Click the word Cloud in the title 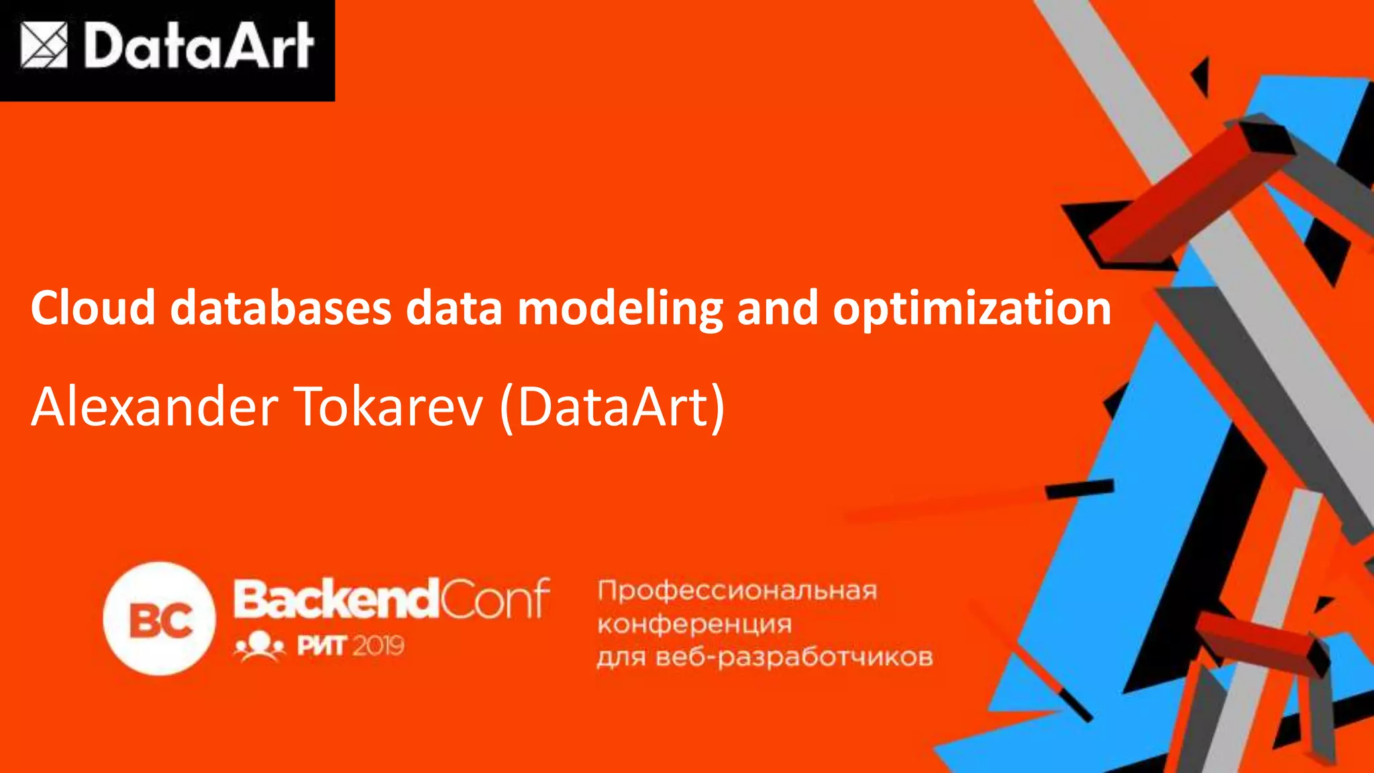click(x=93, y=309)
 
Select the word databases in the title click(x=280, y=309)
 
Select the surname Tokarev click(x=388, y=407)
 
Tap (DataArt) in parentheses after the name click(x=611, y=408)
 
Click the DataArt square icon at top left click(x=44, y=46)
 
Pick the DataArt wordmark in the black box click(x=199, y=46)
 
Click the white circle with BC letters click(x=160, y=619)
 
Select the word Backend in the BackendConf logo click(x=335, y=599)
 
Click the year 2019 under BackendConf click(x=378, y=646)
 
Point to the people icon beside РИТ click(x=260, y=646)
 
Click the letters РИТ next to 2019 click(x=321, y=646)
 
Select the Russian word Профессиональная click(x=737, y=590)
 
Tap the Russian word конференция click(x=694, y=624)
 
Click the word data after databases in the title click(x=454, y=309)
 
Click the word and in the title click(x=777, y=309)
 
